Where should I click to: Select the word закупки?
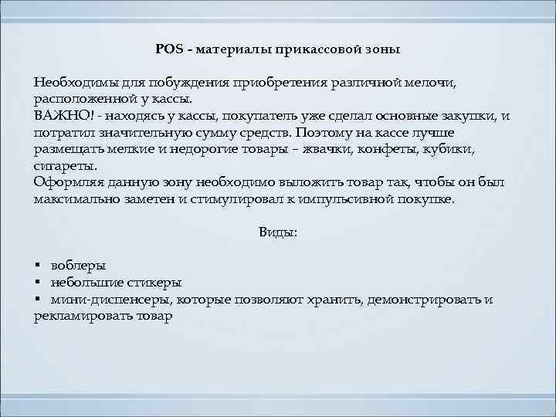pos(465,116)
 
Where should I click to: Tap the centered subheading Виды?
pos(277,232)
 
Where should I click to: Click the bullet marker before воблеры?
pos(37,265)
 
